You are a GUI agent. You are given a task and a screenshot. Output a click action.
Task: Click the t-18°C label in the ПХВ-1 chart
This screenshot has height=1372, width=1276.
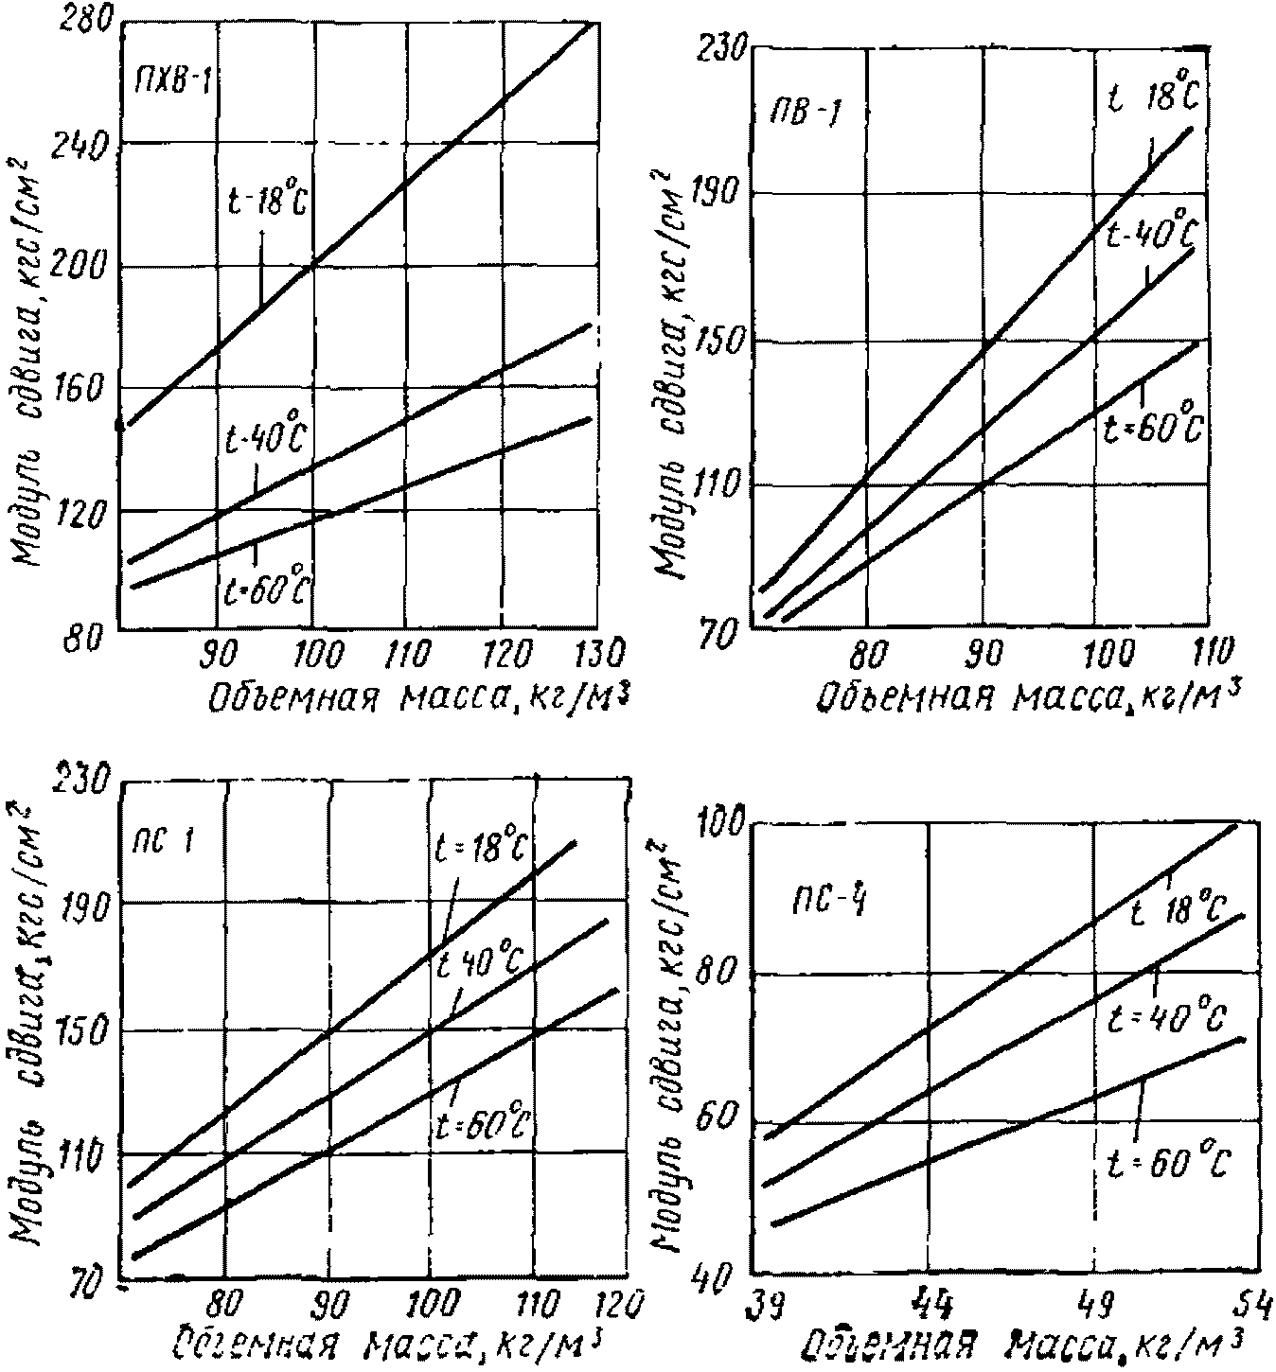point(268,201)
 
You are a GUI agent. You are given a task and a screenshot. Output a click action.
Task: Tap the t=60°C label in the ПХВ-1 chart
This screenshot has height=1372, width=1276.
point(266,588)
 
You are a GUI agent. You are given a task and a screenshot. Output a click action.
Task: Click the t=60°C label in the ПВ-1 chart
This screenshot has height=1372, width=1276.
point(1153,428)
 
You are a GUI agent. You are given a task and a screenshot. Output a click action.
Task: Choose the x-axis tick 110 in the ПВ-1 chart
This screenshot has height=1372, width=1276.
point(1201,653)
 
